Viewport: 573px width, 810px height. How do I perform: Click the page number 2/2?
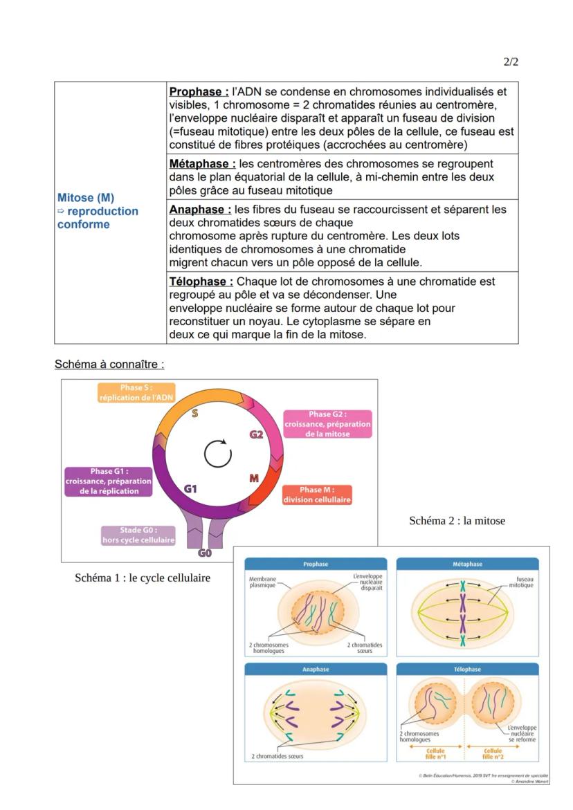click(x=511, y=62)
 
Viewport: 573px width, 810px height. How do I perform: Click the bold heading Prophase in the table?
click(x=199, y=92)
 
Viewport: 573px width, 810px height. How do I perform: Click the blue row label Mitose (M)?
click(x=86, y=198)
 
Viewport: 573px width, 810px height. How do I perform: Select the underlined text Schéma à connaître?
click(x=109, y=364)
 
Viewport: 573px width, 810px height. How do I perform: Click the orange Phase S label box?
click(x=136, y=392)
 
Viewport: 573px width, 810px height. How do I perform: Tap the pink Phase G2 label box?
click(x=327, y=424)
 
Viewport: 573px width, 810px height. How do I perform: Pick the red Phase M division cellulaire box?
click(x=316, y=495)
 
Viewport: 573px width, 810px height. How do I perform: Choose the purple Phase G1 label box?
click(x=109, y=481)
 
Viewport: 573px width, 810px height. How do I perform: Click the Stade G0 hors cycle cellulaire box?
click(x=138, y=535)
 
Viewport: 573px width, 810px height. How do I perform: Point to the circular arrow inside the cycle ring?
click(x=218, y=454)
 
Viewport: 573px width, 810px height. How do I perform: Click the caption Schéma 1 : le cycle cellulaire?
click(x=143, y=578)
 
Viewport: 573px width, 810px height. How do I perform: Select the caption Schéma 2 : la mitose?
click(x=457, y=521)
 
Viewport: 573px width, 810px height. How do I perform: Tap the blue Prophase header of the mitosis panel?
click(x=316, y=564)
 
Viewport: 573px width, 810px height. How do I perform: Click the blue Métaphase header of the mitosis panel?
click(x=467, y=564)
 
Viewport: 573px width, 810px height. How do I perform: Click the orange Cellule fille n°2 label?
click(x=493, y=753)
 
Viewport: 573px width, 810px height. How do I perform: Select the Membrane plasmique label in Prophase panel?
click(x=262, y=582)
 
